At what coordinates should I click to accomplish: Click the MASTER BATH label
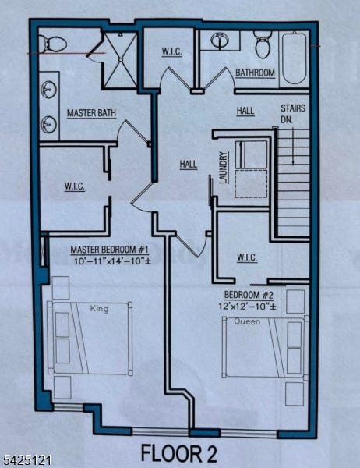[x=91, y=113]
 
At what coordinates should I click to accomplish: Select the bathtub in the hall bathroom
[x=294, y=58]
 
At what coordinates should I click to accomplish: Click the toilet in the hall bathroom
[x=262, y=44]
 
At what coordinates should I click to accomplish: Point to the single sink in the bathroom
[x=221, y=41]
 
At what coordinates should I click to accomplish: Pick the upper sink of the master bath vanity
[x=48, y=89]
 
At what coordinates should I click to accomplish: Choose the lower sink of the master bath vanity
[x=48, y=125]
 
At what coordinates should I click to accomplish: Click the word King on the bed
[x=99, y=309]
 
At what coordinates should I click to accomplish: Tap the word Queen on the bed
[x=247, y=321]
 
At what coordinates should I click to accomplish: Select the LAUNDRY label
[x=224, y=168]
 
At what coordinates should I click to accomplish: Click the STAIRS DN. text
[x=293, y=113]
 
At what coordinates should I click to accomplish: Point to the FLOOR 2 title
[x=178, y=452]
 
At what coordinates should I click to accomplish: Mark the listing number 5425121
[x=26, y=459]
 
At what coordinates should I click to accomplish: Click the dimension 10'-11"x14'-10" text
[x=112, y=261]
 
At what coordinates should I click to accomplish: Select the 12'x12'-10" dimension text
[x=247, y=307]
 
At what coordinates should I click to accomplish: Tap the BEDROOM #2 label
[x=249, y=295]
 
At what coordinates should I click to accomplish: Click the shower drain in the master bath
[x=121, y=60]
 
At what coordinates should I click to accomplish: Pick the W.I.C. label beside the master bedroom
[x=75, y=187]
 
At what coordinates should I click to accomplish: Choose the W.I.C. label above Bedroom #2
[x=247, y=257]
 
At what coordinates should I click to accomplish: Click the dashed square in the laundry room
[x=251, y=184]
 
